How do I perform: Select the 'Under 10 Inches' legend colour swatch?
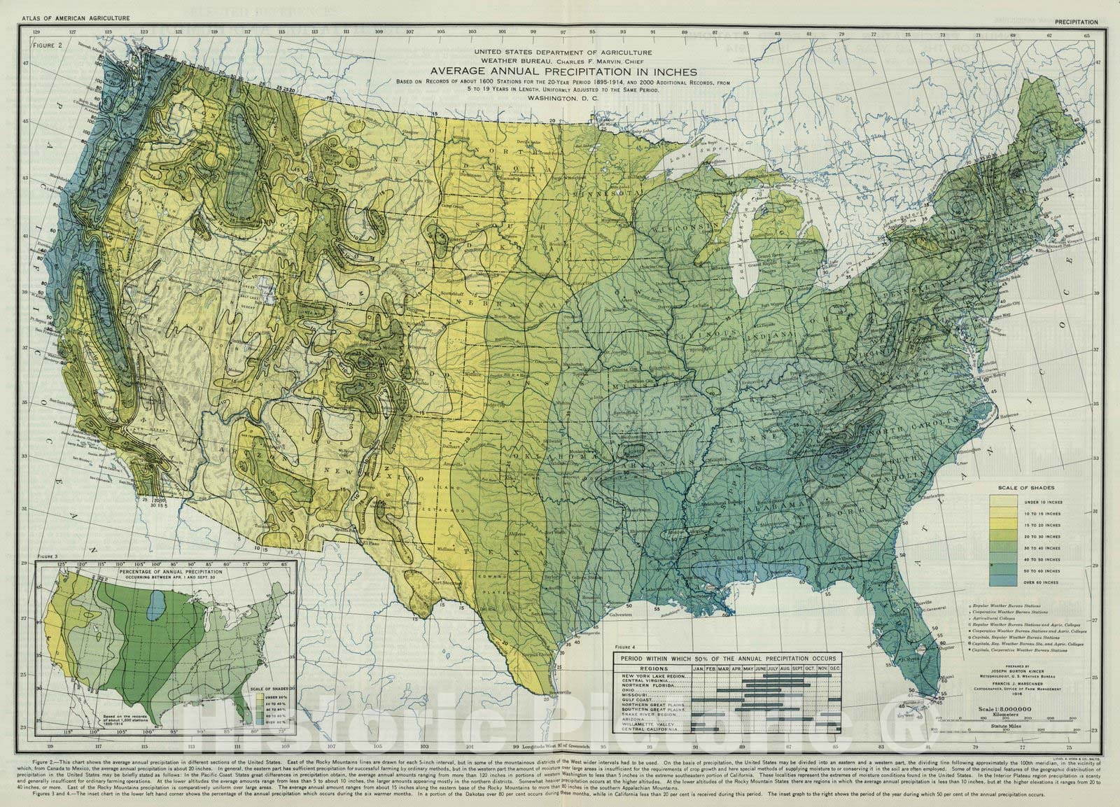(x=1002, y=502)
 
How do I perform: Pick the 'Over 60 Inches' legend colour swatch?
(x=1002, y=581)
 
